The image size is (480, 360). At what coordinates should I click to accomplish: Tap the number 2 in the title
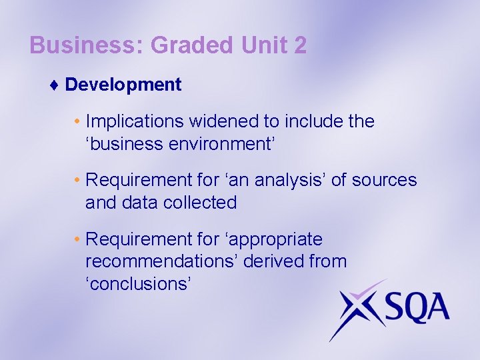pos(299,45)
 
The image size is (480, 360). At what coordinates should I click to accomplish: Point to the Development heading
pos(123,85)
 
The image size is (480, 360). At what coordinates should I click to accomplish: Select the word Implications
pos(135,121)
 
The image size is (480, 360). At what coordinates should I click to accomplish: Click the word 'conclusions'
pos(139,283)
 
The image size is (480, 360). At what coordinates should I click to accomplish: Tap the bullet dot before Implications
pos(77,122)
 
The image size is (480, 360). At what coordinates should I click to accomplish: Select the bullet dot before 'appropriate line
pos(77,239)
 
